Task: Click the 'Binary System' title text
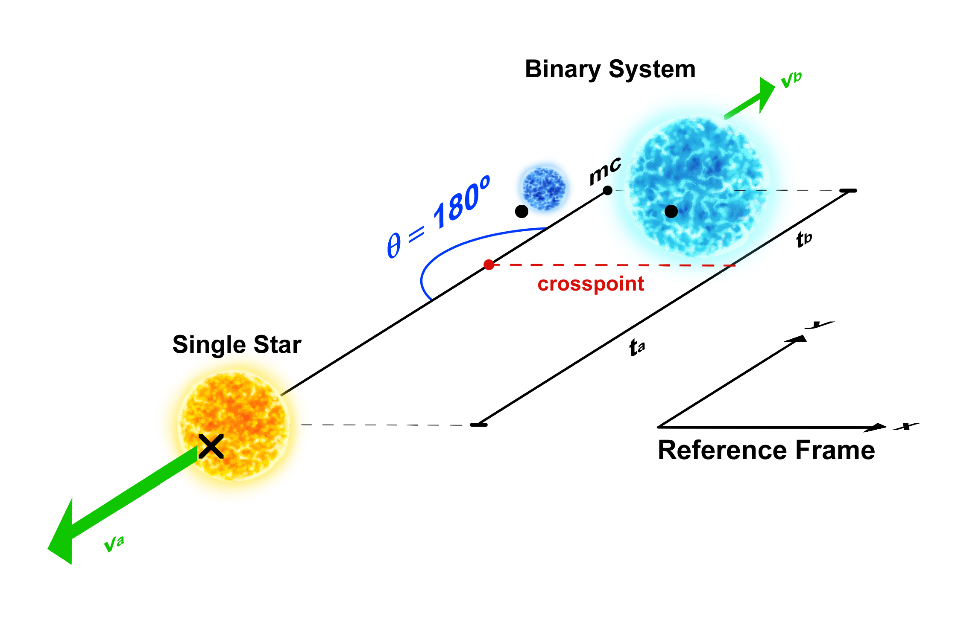click(x=610, y=69)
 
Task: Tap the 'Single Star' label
click(x=237, y=345)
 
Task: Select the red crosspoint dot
click(x=489, y=265)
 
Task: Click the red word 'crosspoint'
click(x=590, y=284)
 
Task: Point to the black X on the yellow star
click(x=211, y=447)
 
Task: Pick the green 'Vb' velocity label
click(x=791, y=79)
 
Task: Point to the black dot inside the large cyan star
click(x=671, y=211)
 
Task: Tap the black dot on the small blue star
click(x=522, y=211)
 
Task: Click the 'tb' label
click(x=804, y=239)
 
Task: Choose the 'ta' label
click(x=637, y=347)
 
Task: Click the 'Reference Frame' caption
click(x=766, y=451)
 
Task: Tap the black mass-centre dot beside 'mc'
click(x=607, y=190)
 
